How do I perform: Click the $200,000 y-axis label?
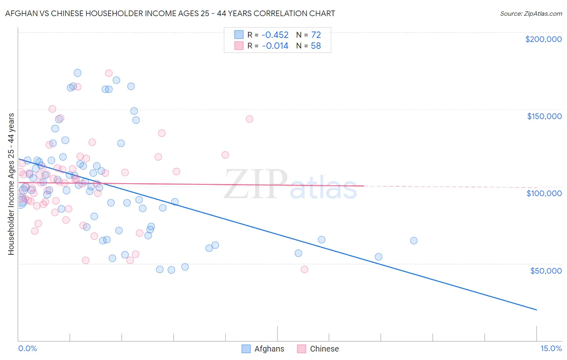pos(543,39)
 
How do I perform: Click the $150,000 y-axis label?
pos(544,116)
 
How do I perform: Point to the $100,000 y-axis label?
pos(544,193)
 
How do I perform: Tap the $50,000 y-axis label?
pos(546,271)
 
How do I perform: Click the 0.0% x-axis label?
pos(27,348)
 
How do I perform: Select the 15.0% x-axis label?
pos(551,348)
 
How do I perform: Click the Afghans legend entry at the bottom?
pos(269,349)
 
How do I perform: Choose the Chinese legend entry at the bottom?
pos(324,349)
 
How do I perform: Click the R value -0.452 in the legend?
pos(275,35)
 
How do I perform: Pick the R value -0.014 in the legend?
pos(275,46)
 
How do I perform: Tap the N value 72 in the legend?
pos(316,35)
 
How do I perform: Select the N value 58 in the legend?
pos(316,46)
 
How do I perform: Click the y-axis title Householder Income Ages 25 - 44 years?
pos(11,184)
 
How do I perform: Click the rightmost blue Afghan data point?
pos(414,241)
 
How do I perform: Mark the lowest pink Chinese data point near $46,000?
pos(304,269)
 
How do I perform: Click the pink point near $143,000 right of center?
pos(249,119)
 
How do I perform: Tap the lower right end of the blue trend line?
pos(536,310)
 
